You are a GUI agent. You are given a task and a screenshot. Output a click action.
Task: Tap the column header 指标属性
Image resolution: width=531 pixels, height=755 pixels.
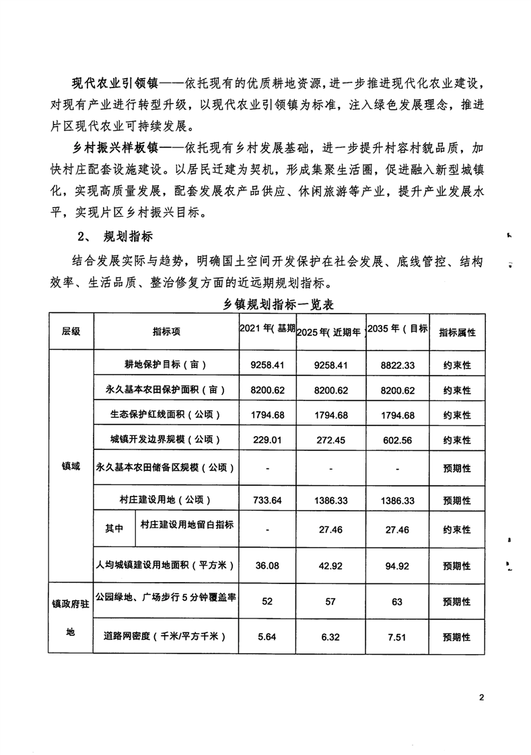point(457,332)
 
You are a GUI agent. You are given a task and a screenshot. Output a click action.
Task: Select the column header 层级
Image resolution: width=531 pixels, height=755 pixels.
point(71,332)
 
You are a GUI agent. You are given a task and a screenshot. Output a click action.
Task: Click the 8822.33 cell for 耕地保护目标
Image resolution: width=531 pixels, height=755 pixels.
point(398,365)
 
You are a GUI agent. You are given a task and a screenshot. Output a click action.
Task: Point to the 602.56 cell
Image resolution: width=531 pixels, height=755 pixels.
point(398,440)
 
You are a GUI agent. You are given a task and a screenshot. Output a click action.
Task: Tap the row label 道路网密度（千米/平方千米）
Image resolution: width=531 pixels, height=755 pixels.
point(165,636)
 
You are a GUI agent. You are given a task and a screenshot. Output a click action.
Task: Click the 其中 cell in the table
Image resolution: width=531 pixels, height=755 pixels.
point(114,529)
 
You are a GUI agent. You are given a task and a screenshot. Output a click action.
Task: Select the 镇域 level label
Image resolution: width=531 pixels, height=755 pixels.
point(71,466)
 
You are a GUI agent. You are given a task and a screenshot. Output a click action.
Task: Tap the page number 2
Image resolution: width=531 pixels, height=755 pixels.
point(482,696)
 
